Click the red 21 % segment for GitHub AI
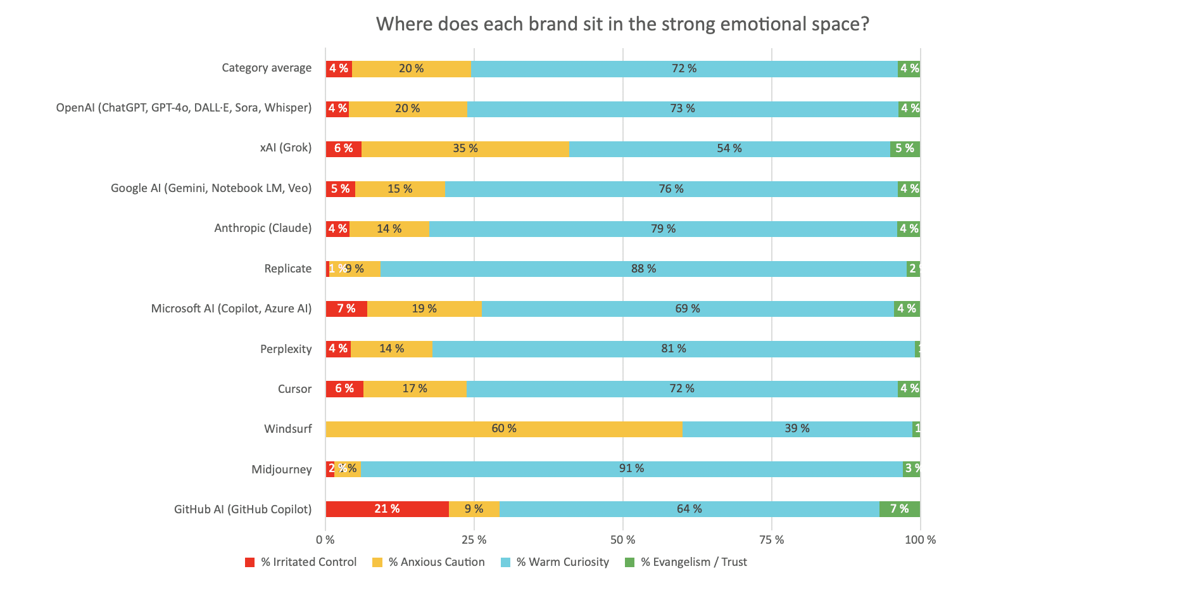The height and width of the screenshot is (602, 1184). point(387,509)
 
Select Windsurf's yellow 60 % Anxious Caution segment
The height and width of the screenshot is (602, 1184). point(504,429)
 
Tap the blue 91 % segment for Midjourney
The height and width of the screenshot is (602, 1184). point(631,469)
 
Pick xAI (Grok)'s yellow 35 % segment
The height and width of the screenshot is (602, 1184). point(465,149)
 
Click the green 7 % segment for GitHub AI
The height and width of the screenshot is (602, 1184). point(899,509)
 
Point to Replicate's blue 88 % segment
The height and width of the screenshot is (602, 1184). point(643,269)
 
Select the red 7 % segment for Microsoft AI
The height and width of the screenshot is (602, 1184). point(346,309)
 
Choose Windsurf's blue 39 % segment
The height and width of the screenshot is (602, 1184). point(797,429)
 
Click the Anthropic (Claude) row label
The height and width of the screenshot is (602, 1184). point(263,228)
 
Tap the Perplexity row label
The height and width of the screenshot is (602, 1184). point(286,349)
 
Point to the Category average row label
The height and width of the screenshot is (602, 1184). point(267,68)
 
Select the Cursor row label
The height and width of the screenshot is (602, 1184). point(294,389)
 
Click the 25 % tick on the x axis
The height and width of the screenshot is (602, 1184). point(474,540)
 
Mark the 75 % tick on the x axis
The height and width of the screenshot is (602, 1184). point(771,540)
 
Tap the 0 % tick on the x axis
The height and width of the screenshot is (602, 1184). point(325,540)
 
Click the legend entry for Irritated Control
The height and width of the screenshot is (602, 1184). point(301,562)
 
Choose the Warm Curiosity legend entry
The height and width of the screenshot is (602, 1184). point(555,562)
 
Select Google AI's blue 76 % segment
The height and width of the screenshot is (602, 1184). point(671,189)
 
